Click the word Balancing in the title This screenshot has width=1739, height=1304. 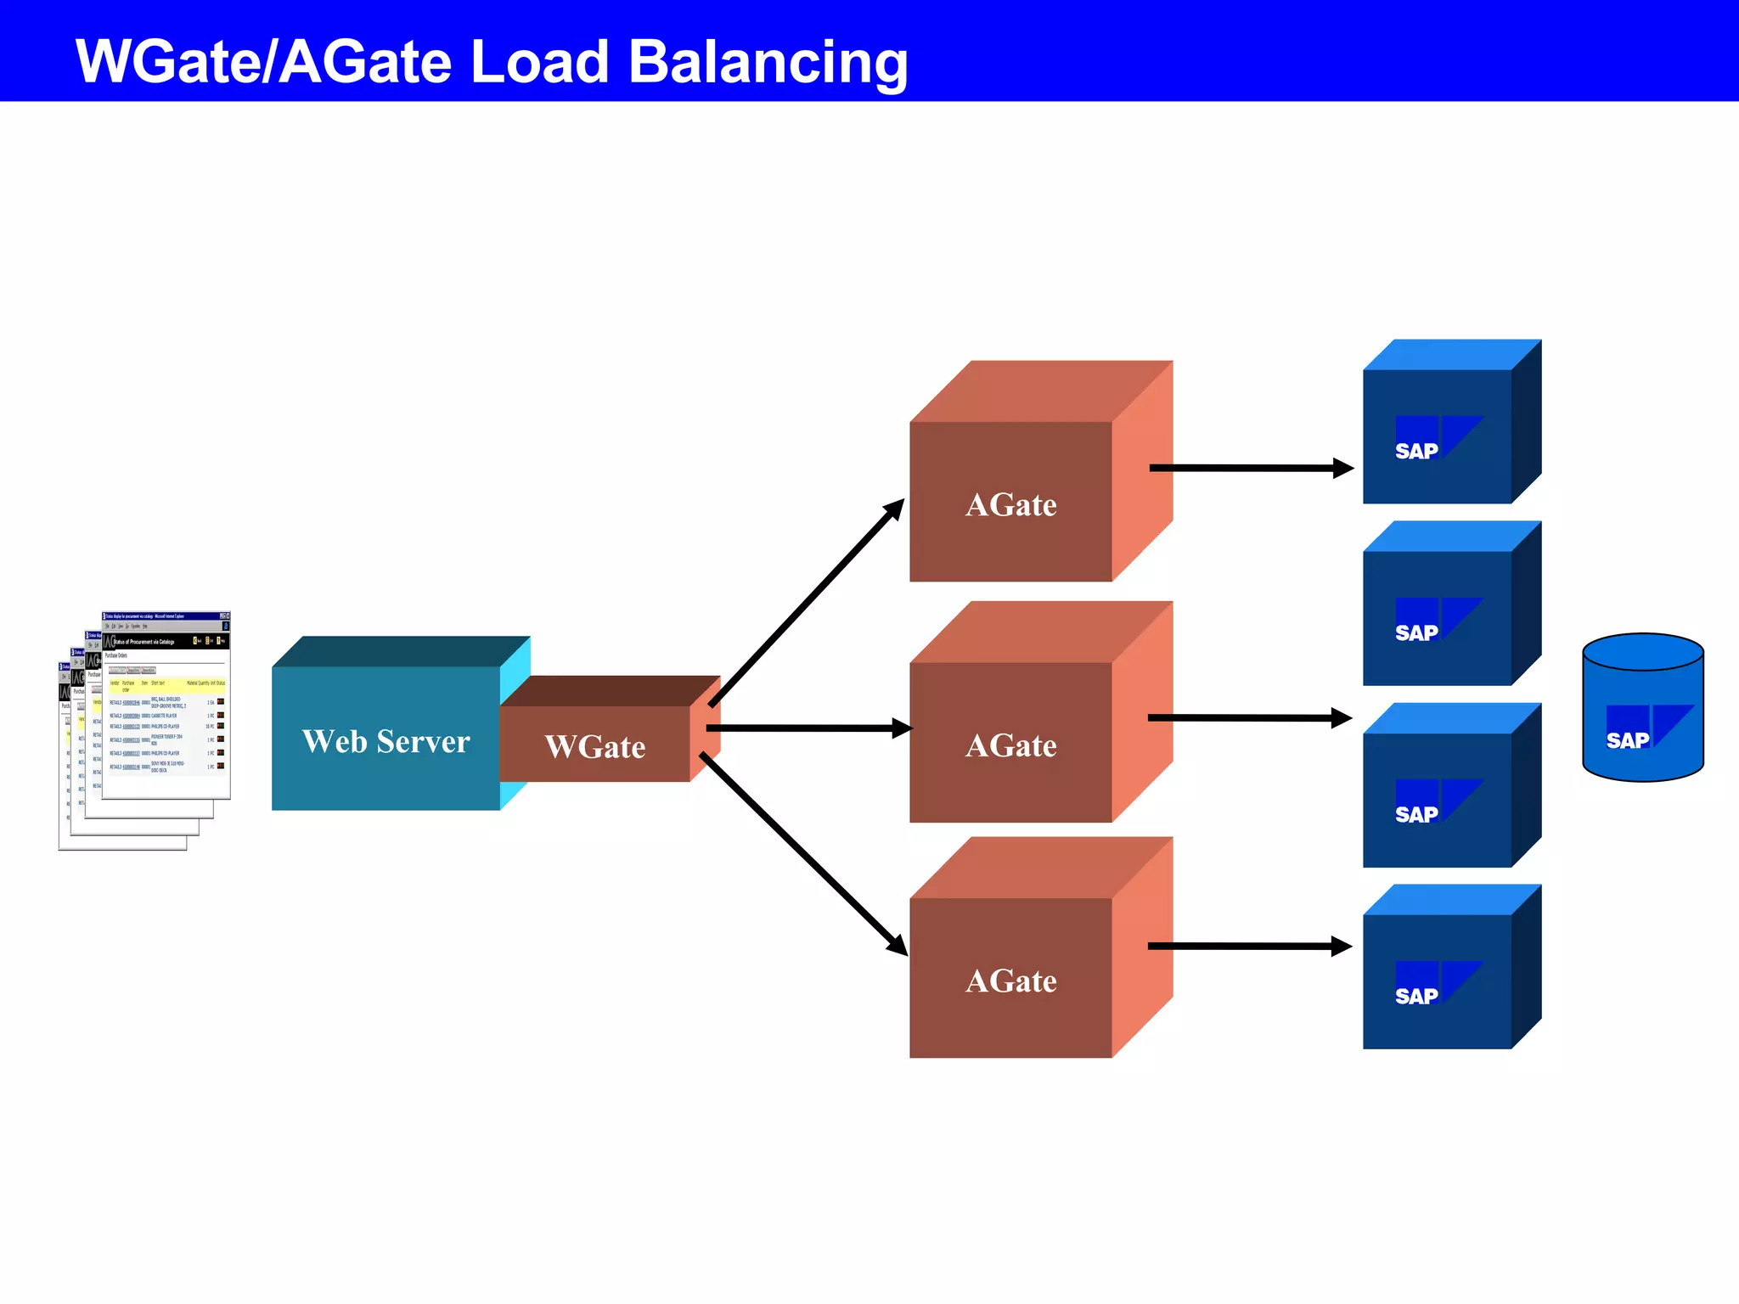click(x=768, y=63)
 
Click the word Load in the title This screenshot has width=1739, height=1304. click(x=539, y=61)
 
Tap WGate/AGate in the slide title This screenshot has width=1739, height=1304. click(x=263, y=61)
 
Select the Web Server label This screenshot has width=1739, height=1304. click(x=386, y=741)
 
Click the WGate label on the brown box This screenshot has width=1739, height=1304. click(x=594, y=747)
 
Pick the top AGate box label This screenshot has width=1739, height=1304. click(x=1010, y=505)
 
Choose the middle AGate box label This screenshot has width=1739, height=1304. click(x=1010, y=745)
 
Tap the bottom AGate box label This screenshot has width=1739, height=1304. click(x=1010, y=981)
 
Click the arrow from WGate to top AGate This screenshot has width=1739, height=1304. click(x=807, y=603)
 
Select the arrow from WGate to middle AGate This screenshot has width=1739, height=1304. click(x=807, y=728)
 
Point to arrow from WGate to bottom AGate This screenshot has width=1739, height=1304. click(x=802, y=853)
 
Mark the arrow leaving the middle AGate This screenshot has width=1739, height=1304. click(x=1248, y=718)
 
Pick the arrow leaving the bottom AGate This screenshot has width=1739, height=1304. click(x=1248, y=946)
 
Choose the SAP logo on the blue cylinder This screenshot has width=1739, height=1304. click(x=1647, y=728)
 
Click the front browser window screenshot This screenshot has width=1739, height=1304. click(x=166, y=705)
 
